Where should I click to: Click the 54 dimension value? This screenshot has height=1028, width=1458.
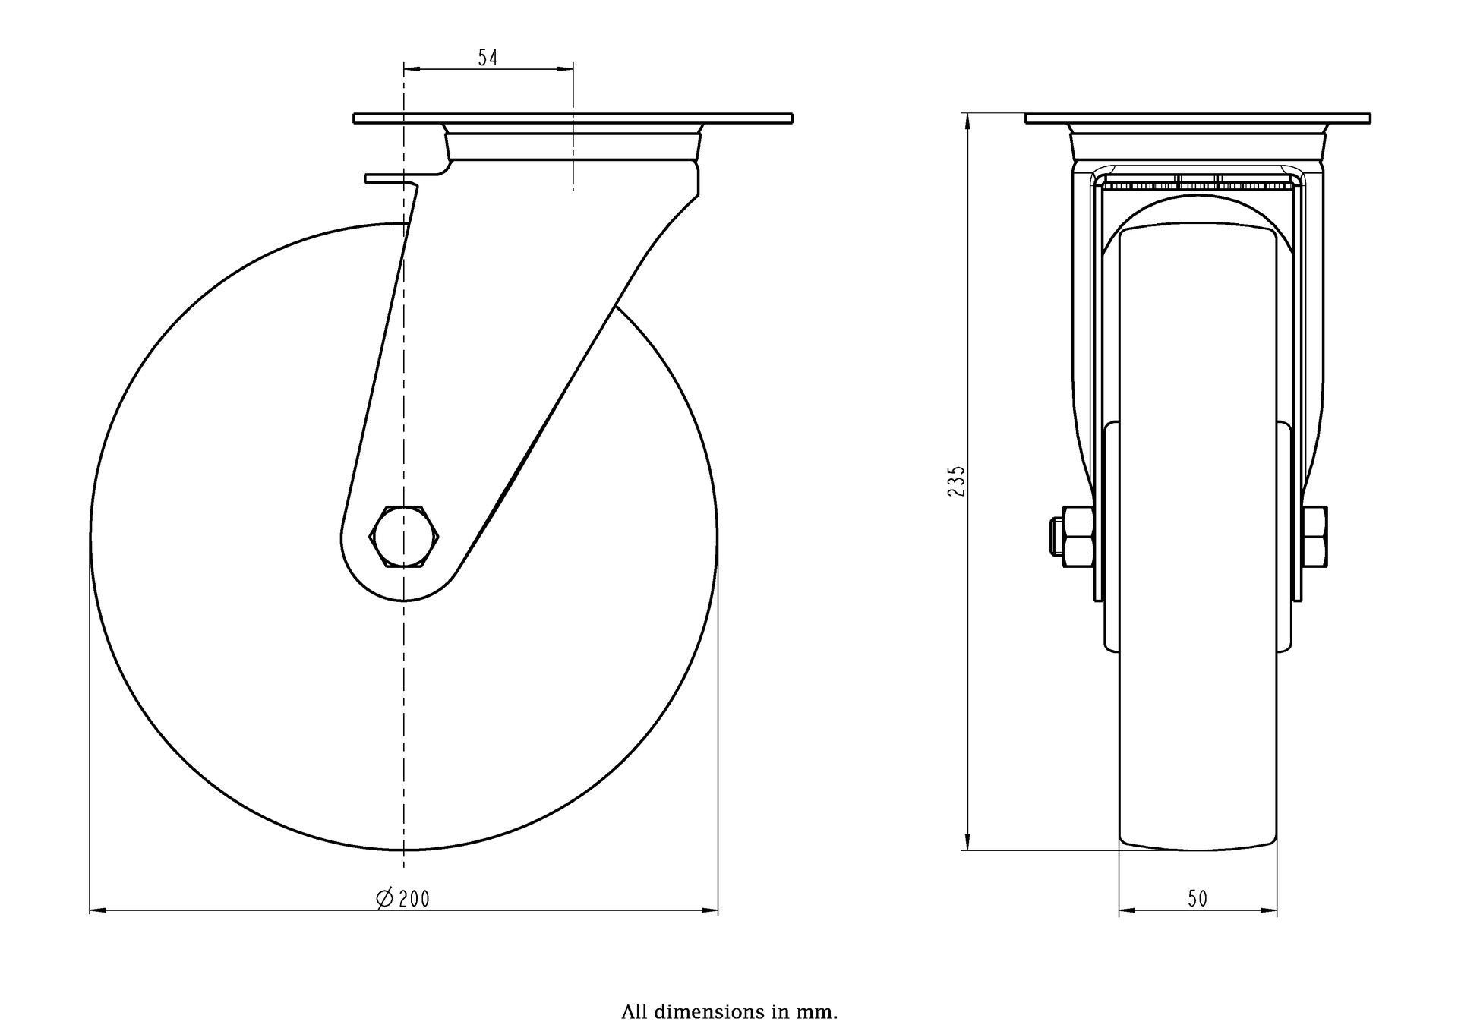click(488, 58)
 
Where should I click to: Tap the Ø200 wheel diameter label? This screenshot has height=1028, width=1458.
click(403, 899)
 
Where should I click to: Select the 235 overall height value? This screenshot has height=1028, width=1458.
click(957, 481)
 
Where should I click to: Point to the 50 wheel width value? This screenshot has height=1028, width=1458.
click(1198, 899)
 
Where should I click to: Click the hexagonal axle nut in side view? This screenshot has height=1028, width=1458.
click(405, 536)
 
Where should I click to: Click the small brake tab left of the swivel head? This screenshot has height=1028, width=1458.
click(390, 179)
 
